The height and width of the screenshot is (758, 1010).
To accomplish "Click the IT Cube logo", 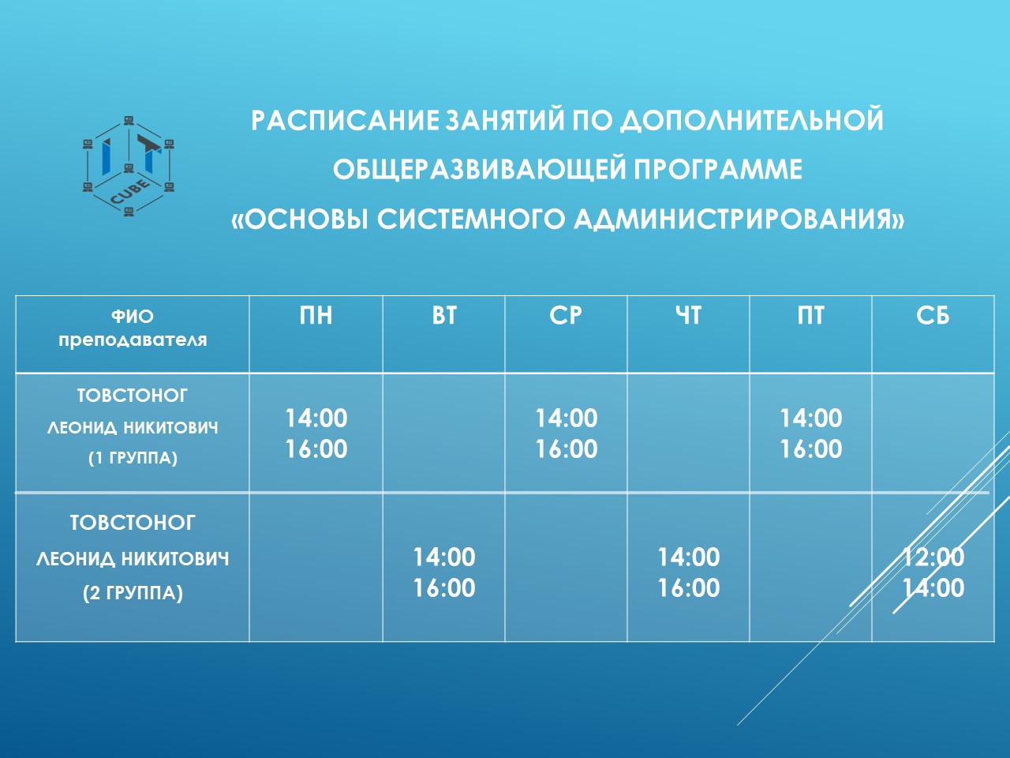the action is pyautogui.click(x=129, y=166).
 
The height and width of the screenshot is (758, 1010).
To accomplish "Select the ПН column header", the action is pyautogui.click(x=316, y=316).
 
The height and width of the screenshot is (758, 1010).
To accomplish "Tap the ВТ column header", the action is pyautogui.click(x=444, y=316).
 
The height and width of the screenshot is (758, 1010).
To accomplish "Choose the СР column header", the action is pyautogui.click(x=566, y=316).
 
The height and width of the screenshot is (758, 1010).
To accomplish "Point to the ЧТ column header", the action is pyautogui.click(x=688, y=316).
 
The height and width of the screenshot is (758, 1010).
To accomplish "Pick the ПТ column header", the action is pyautogui.click(x=810, y=316).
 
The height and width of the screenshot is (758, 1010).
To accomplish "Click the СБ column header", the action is pyautogui.click(x=933, y=316).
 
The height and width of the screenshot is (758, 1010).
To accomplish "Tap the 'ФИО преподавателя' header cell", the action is pyautogui.click(x=133, y=328).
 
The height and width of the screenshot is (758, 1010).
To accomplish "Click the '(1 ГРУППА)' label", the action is pyautogui.click(x=133, y=458).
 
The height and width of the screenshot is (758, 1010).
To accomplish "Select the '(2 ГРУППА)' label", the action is pyautogui.click(x=133, y=592).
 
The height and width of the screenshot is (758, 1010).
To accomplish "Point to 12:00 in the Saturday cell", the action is pyautogui.click(x=933, y=557).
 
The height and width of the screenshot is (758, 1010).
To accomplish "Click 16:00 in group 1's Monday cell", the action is pyautogui.click(x=316, y=448).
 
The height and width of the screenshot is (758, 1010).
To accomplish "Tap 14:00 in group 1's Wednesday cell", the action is pyautogui.click(x=566, y=418).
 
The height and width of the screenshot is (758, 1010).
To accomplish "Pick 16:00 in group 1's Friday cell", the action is pyautogui.click(x=810, y=448).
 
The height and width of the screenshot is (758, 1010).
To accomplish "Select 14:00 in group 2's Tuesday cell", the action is pyautogui.click(x=444, y=557).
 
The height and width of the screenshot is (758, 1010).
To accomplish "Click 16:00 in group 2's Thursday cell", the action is pyautogui.click(x=688, y=587).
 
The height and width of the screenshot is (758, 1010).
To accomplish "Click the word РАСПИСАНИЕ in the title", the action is pyautogui.click(x=344, y=120).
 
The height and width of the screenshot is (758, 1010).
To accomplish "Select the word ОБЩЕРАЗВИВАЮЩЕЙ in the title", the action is pyautogui.click(x=478, y=169).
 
